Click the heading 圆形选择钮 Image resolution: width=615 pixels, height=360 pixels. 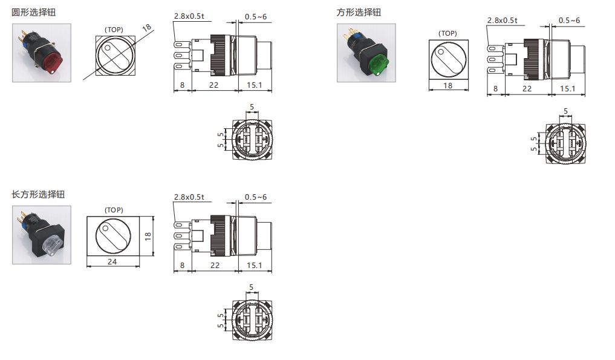coord(34,12)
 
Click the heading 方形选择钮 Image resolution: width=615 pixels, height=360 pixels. coord(358,12)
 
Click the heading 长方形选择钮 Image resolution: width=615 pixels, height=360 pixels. coord(38,194)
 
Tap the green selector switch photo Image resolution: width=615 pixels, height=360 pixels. coord(366,53)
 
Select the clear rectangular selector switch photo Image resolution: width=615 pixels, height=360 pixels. coord(42,235)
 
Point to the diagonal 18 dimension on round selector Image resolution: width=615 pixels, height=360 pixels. coord(146,28)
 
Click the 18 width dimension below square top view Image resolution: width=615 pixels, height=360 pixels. coord(448,86)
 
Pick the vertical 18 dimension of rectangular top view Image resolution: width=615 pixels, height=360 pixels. coord(148,235)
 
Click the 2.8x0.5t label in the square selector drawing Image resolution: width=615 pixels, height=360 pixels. coord(503,21)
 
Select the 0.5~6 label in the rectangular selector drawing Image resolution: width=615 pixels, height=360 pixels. coord(256,197)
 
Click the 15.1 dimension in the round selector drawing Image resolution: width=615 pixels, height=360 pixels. coord(255,85)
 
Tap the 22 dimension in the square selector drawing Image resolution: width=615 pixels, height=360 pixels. coord(527,88)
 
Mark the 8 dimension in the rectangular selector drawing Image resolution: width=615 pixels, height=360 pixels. coord(182,266)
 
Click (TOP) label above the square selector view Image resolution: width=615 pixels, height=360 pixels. coord(447,33)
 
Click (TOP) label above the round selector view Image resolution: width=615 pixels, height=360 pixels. coord(114,29)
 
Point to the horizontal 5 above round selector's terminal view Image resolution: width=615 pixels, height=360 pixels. coord(252,106)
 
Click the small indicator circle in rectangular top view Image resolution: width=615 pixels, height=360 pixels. coord(106,227)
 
